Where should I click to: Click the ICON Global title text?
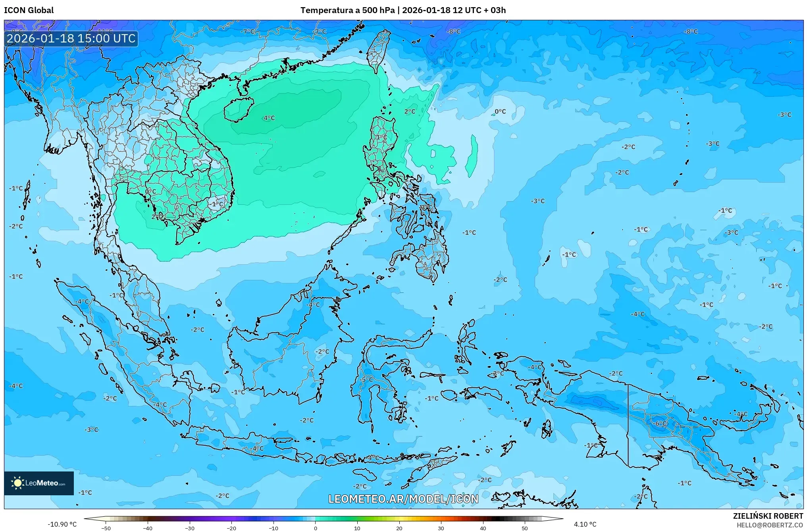point(29,10)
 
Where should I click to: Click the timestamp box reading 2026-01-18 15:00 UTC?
point(71,38)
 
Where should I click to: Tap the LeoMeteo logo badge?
point(39,483)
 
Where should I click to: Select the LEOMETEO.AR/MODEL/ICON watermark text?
point(403,499)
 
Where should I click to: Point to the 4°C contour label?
point(269,118)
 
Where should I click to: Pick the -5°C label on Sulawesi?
point(366,379)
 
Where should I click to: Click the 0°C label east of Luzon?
point(500,112)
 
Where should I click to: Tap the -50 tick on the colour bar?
point(106,528)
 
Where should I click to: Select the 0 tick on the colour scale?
point(316,528)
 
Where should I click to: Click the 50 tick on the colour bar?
point(525,528)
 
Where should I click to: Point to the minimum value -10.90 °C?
point(62,524)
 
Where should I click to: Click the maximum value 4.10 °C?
point(585,524)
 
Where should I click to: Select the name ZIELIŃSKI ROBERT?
point(768,516)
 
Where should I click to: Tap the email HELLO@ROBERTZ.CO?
point(770,525)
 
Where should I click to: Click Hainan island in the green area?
point(238,109)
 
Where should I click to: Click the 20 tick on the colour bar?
point(399,528)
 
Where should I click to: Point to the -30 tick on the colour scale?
point(190,528)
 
